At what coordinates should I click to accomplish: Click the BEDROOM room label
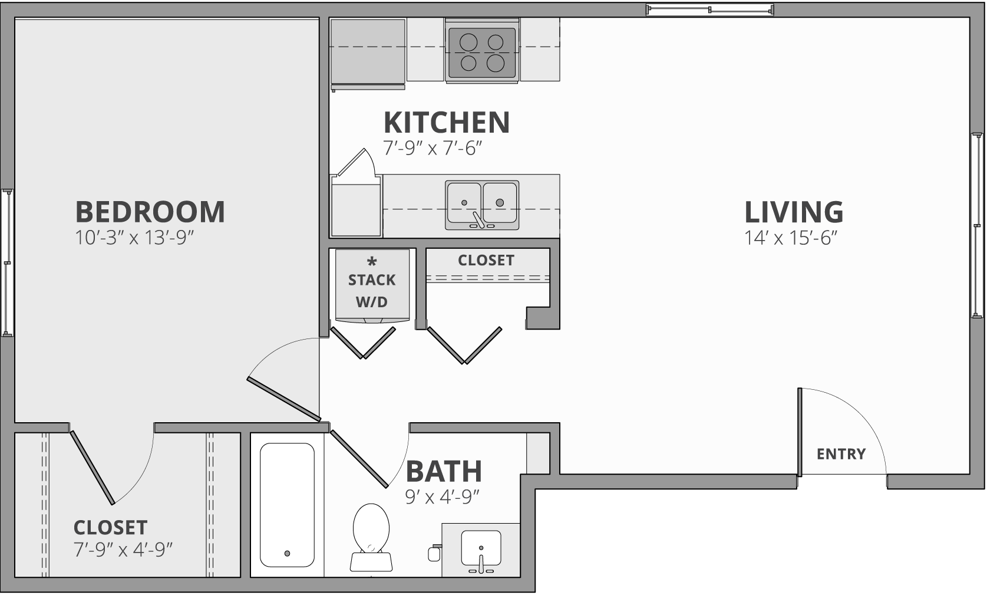(150, 212)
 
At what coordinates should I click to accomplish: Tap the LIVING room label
(794, 212)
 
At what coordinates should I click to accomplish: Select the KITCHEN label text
(447, 122)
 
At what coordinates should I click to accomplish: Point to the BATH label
(444, 471)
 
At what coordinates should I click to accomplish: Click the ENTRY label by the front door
(841, 453)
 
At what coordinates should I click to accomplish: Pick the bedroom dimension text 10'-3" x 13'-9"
(135, 238)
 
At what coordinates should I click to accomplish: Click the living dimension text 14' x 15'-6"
(791, 238)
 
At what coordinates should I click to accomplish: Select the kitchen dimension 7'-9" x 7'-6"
(433, 147)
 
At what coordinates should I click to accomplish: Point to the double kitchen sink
(482, 204)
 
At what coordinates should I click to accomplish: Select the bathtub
(287, 504)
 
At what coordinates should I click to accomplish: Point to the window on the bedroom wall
(7, 262)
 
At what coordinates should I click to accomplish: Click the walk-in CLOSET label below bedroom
(110, 527)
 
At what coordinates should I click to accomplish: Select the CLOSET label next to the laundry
(486, 260)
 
